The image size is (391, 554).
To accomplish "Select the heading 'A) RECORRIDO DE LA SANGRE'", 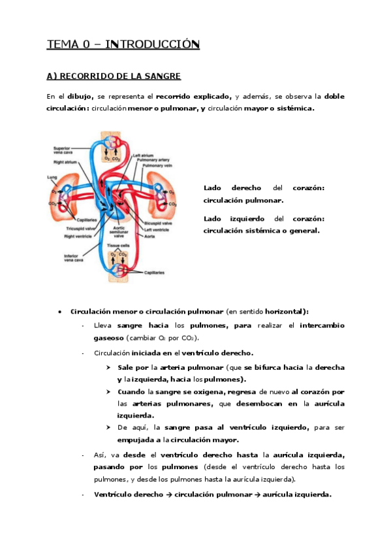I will click(x=114, y=76).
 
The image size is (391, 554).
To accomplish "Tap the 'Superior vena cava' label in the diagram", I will click(x=63, y=150).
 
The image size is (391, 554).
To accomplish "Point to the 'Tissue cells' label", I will click(x=117, y=244).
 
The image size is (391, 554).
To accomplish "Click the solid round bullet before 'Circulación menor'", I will click(x=59, y=311).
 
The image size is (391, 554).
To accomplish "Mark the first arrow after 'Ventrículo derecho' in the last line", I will click(x=168, y=495).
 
